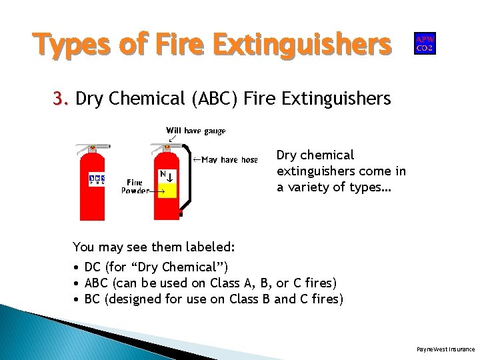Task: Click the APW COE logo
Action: click(x=425, y=43)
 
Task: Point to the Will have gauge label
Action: click(x=196, y=131)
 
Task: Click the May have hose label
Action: click(x=229, y=159)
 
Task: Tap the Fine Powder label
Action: click(x=135, y=186)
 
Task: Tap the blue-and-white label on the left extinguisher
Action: click(x=97, y=180)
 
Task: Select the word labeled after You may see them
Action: click(x=211, y=247)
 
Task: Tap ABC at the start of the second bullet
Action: click(x=97, y=283)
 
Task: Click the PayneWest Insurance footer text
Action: click(x=445, y=349)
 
